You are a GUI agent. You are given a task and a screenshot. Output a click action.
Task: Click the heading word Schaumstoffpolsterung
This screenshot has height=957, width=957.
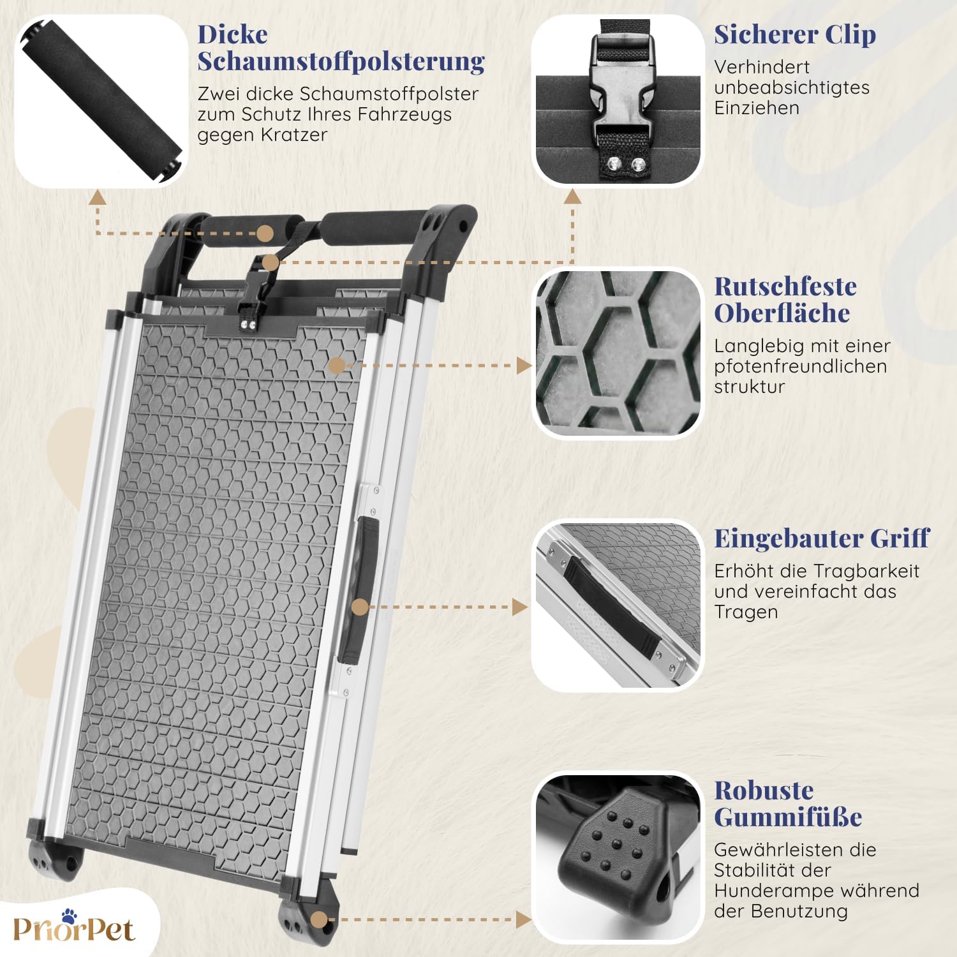(341, 61)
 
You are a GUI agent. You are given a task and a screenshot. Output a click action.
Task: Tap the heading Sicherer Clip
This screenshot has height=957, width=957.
(795, 35)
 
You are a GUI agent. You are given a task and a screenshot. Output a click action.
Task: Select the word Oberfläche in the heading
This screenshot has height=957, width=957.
(782, 313)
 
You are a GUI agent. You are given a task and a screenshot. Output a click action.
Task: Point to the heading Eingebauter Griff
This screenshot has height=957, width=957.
(822, 538)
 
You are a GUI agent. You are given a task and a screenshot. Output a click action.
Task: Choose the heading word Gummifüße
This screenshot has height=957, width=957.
(788, 817)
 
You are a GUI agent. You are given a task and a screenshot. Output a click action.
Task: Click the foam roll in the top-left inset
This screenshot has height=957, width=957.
(101, 101)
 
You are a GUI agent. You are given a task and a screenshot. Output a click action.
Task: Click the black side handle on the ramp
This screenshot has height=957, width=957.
(357, 590)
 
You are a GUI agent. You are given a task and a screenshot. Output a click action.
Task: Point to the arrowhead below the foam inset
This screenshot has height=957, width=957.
(97, 197)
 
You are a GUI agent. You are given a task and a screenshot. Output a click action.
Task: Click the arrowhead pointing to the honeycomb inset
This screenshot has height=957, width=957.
(524, 366)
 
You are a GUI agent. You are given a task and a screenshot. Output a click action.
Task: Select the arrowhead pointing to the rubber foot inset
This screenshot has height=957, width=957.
(523, 920)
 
